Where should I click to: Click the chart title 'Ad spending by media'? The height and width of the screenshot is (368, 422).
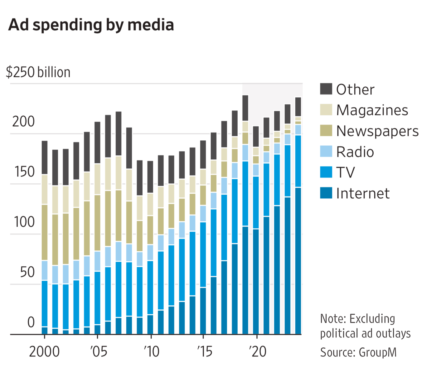91,25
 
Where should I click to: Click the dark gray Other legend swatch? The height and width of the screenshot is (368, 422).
326,89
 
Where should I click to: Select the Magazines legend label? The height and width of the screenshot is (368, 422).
372,110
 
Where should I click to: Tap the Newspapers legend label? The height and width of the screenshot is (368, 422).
377,131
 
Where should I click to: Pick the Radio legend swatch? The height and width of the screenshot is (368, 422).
326,151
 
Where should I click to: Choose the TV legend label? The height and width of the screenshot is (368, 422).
346,172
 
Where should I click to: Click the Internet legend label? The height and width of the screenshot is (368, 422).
363,193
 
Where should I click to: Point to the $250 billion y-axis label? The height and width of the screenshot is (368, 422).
38,72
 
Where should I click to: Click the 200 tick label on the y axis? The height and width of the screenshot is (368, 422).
23,122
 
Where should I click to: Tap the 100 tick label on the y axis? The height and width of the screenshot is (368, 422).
24,222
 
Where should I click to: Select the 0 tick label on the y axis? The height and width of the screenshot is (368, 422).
31,322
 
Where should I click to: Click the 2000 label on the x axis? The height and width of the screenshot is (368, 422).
44,352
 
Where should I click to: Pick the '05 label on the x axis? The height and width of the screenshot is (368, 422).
99,352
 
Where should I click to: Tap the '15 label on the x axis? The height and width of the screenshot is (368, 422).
205,352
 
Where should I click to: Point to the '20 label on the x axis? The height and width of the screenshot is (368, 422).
258,352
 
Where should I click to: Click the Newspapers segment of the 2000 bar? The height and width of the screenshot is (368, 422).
45,232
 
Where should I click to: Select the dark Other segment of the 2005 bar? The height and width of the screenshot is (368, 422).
97,143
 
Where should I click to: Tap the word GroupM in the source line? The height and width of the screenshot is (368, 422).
378,352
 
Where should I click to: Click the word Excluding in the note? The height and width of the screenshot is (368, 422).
372,319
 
